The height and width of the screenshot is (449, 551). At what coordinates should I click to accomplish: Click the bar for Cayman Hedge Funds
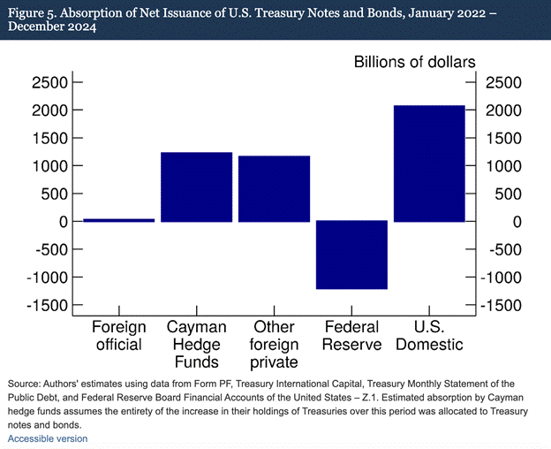click(196, 186)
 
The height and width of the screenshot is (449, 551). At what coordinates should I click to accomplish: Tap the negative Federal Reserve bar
click(351, 255)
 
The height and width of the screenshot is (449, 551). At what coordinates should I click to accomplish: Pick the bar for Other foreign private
click(274, 188)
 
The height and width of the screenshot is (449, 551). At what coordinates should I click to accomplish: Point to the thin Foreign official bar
click(118, 220)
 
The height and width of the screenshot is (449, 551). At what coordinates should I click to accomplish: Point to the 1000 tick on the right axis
click(502, 166)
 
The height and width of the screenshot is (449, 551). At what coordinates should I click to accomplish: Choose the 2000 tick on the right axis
click(502, 110)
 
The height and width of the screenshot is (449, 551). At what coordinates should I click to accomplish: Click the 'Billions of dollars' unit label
click(415, 62)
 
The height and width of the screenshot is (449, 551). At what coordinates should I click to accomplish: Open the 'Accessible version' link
click(48, 438)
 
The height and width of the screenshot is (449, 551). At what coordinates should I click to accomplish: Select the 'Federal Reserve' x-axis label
click(351, 336)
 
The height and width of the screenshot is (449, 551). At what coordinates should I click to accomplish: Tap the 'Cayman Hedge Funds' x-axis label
click(196, 344)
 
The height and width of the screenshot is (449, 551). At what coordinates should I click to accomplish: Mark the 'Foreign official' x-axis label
click(118, 336)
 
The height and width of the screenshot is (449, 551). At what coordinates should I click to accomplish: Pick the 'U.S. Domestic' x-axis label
click(429, 336)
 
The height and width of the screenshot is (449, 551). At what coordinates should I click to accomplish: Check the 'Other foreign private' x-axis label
click(274, 344)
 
